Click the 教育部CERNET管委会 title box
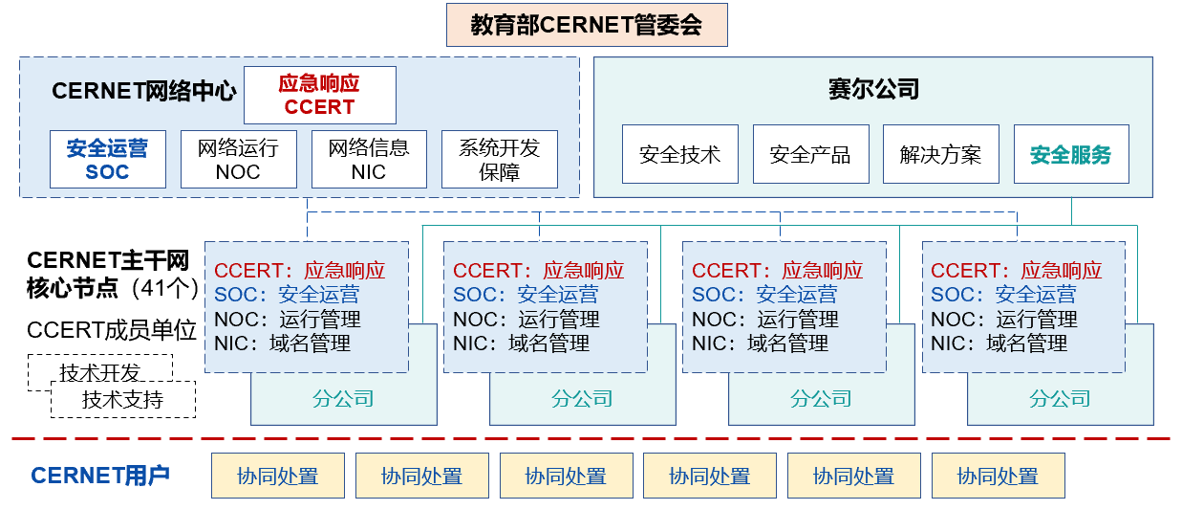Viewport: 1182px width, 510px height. [587, 25]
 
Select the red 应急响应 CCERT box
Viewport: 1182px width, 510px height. [319, 95]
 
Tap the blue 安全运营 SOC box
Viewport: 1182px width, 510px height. [107, 160]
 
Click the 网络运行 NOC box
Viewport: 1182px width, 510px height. [238, 160]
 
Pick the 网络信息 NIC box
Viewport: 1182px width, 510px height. [369, 160]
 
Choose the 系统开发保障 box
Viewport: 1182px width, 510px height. [499, 160]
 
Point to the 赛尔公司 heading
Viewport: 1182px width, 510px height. [873, 89]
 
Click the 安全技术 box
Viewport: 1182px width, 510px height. [679, 154]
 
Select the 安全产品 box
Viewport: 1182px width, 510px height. [810, 154]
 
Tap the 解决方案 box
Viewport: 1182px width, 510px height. [940, 154]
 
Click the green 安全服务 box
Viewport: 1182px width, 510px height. [1071, 154]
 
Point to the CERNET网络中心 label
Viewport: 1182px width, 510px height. [143, 91]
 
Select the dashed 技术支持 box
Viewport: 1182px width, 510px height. [122, 400]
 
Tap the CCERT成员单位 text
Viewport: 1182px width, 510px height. [112, 331]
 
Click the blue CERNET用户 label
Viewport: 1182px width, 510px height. [100, 476]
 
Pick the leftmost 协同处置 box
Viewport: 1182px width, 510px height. [278, 476]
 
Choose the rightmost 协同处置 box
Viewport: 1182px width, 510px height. [998, 476]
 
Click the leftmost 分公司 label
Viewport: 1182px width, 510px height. [343, 399]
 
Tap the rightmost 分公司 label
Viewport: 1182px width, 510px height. [1060, 399]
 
